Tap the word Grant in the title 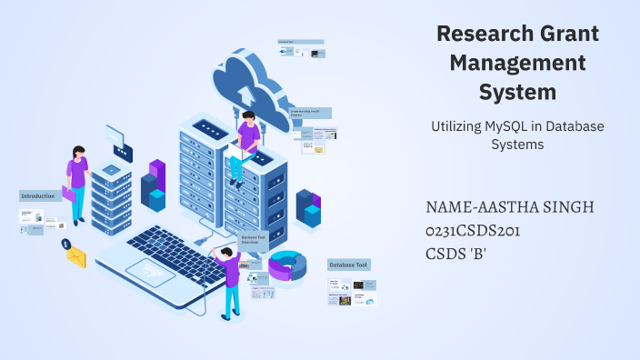(572, 35)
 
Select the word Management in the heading (518, 64)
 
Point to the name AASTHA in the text (506, 207)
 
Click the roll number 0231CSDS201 (473, 231)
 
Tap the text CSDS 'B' (456, 254)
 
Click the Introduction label (39, 195)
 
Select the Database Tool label (349, 265)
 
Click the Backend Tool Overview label (254, 239)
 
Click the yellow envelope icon (75, 257)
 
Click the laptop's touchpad (149, 269)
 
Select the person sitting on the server (245, 145)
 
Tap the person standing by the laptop (228, 280)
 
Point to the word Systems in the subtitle (517, 144)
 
